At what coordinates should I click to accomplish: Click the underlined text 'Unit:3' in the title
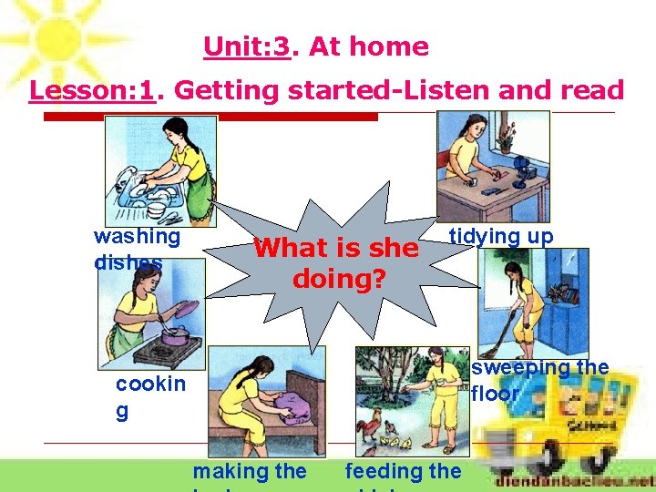(247, 46)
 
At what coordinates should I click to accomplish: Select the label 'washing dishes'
(137, 249)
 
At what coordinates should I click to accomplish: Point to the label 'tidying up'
(501, 237)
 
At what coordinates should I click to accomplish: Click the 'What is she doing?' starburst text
(336, 262)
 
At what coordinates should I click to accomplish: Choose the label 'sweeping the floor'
(539, 381)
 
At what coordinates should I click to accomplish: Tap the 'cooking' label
(149, 396)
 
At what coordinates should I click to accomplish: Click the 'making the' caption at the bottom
(250, 471)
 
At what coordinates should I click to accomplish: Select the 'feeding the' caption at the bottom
(403, 471)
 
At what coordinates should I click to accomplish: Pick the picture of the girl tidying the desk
(493, 165)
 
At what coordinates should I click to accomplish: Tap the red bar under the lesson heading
(210, 118)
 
